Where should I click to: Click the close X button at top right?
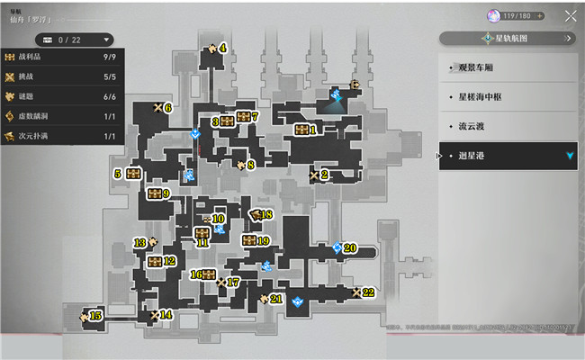571,15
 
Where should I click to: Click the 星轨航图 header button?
508,39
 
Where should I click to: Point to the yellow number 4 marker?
223,49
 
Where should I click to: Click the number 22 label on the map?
368,292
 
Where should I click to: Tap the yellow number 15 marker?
96,316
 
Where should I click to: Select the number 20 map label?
350,247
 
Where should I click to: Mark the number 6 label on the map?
167,108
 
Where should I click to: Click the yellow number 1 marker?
313,130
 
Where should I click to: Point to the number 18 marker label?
265,214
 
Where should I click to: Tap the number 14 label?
166,315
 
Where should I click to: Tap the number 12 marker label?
169,261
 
